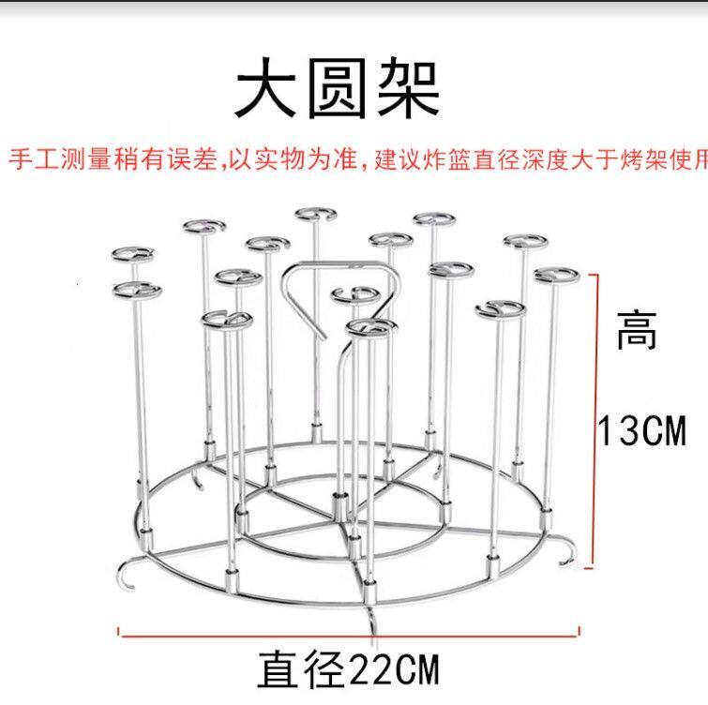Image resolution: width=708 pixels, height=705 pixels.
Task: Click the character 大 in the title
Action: click(x=268, y=92)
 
